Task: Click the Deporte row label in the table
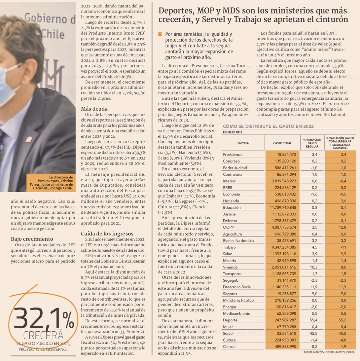click(230, 320)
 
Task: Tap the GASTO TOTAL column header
click(282, 143)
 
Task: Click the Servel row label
click(229, 333)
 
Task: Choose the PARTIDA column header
click(243, 143)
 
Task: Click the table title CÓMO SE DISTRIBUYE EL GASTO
click(269, 126)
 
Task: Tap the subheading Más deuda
click(94, 108)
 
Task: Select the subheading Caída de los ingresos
click(107, 234)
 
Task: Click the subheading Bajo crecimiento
click(32, 239)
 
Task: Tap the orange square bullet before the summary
click(160, 34)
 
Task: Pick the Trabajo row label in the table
click(230, 247)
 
